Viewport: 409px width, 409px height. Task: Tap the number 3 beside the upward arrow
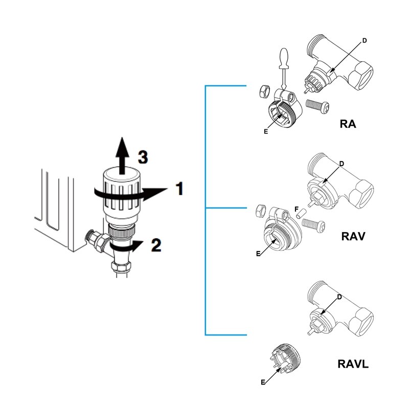point(143,157)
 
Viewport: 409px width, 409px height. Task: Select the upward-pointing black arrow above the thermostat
point(121,156)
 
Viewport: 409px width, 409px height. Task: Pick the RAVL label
point(353,365)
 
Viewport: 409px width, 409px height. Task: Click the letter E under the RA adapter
point(266,131)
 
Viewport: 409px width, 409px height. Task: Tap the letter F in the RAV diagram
point(296,209)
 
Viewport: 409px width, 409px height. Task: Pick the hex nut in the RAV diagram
point(259,209)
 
